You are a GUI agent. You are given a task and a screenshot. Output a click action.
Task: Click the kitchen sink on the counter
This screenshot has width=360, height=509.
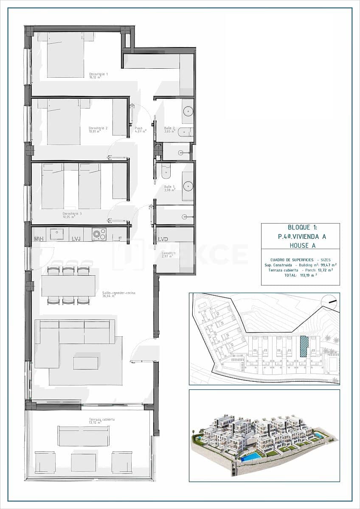(56, 234)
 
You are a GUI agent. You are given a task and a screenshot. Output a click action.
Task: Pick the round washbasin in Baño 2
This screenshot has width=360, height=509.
(188, 112)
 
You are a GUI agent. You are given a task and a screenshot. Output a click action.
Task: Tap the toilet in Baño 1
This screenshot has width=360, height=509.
(166, 171)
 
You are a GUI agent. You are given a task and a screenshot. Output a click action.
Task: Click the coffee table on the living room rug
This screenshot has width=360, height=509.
(85, 363)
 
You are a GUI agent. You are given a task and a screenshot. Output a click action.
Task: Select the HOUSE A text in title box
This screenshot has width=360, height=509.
(300, 245)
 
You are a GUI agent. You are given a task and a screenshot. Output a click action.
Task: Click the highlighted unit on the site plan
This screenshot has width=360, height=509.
(303, 346)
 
